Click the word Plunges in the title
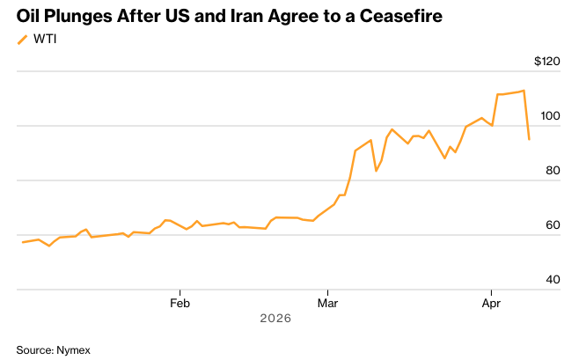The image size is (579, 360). coord(81,17)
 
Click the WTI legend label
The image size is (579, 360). coord(46,40)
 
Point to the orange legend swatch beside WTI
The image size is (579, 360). coord(23,40)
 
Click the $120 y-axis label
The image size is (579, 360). coord(546,62)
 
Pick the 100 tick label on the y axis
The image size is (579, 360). coord(550,116)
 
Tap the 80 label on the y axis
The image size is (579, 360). coord(553,171)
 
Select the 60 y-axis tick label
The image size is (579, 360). coord(553,225)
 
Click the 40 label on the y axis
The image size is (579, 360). coord(553,280)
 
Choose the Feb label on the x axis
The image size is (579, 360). coord(180,303)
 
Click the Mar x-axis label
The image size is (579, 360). coord(327,303)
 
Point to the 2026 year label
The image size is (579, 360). coord(275,318)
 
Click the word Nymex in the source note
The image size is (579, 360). coord(73,349)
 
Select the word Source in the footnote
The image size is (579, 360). coord(33,349)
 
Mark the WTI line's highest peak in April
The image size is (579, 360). coord(524,91)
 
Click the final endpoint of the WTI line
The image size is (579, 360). coord(529,139)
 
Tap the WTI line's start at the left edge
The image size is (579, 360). coord(23,242)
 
